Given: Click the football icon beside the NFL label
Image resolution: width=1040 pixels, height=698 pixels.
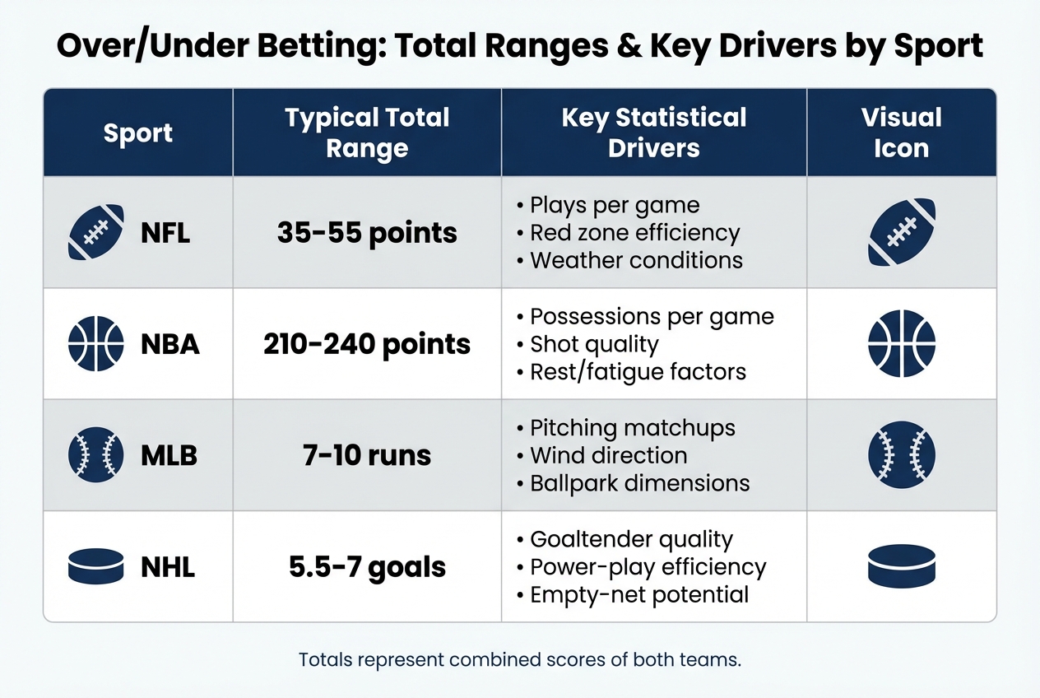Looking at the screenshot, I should [95, 232].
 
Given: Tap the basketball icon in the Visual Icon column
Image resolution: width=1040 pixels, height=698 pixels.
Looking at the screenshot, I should [901, 343].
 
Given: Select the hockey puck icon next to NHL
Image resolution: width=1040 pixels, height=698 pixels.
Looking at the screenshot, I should [95, 567].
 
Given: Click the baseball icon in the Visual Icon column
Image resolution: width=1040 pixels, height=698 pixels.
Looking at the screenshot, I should [901, 455].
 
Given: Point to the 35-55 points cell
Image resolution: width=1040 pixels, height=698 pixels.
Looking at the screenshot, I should [367, 233].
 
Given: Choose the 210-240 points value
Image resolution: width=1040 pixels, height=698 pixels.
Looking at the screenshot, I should [367, 344].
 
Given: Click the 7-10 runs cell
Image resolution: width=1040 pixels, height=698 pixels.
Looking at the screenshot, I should [367, 455].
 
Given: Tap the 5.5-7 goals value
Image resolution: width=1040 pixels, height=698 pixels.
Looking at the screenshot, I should [367, 567].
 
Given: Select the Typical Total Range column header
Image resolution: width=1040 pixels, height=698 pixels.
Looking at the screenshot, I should [367, 133].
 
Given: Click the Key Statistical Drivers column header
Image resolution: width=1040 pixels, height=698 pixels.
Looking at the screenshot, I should [653, 133].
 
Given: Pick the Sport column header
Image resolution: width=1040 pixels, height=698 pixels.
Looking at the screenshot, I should [138, 133].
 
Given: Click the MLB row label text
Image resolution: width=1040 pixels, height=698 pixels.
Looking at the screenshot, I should [169, 455].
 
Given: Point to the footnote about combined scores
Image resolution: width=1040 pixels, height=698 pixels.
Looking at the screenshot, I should [519, 660].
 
